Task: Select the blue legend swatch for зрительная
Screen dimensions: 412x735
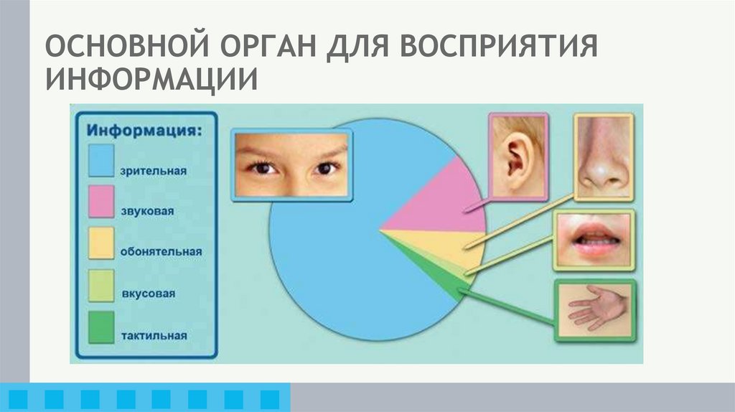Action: point(101,159)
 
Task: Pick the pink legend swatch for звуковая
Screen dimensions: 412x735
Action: point(101,200)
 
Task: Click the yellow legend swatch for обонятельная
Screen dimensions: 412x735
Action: point(101,243)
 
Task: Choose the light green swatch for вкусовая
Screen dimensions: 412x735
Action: point(101,284)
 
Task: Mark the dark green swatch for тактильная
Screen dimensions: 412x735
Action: point(101,327)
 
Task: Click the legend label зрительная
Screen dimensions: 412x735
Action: point(154,171)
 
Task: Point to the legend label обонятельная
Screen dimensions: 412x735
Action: point(161,252)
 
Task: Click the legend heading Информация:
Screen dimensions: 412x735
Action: point(144,131)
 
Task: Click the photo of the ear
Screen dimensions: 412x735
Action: point(518,154)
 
